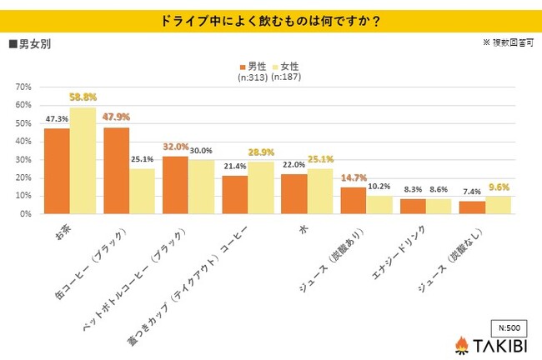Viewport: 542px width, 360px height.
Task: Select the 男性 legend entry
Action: [x=253, y=65]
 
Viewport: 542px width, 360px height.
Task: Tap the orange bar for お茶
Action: [x=57, y=171]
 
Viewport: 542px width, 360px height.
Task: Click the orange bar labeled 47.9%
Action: [x=117, y=170]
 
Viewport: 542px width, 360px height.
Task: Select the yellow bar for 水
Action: [x=319, y=191]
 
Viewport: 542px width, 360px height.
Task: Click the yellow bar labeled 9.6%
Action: [x=499, y=205]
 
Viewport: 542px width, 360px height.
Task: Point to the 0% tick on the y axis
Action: [x=25, y=214]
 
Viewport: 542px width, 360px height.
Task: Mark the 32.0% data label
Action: [x=176, y=146]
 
